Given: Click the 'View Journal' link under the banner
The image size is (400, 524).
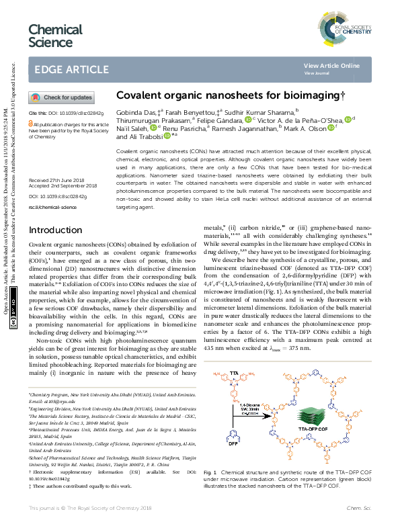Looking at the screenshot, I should [318, 73].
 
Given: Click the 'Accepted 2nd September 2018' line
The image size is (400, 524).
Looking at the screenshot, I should [63, 186].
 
